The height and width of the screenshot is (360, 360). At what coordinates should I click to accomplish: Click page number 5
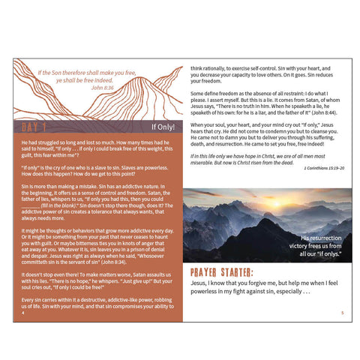[x=342, y=313]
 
